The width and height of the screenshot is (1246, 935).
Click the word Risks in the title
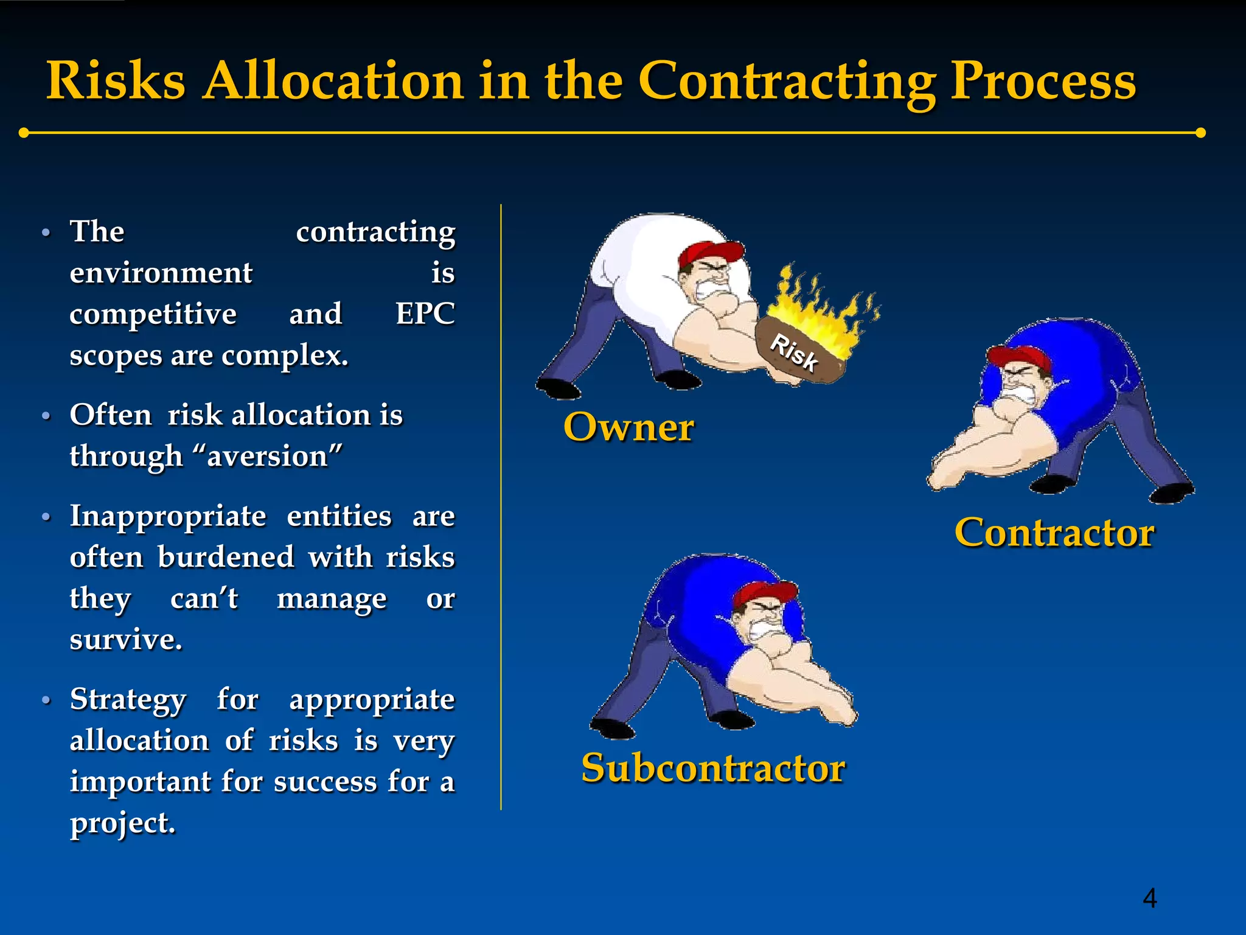[116, 81]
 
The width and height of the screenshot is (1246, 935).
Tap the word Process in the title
[1042, 81]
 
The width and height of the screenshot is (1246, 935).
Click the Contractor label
[1054, 533]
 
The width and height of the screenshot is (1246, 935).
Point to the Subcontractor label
[713, 768]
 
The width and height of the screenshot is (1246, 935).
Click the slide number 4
[1149, 898]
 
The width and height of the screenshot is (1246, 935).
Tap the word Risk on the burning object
[794, 352]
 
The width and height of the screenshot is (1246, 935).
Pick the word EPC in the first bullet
[425, 314]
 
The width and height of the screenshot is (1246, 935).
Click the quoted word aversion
[268, 456]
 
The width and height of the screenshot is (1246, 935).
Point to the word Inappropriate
[168, 516]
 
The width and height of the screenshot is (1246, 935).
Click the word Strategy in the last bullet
[128, 699]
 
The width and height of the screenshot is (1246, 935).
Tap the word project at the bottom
[122, 823]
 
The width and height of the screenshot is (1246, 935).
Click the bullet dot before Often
[46, 416]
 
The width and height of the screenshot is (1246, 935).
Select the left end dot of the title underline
[24, 133]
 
